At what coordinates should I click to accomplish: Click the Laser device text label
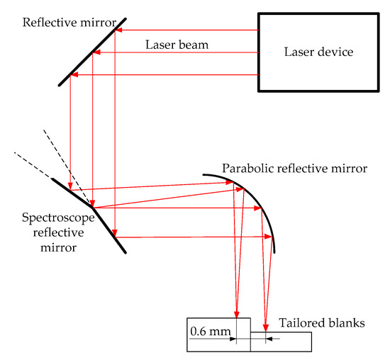point(318,52)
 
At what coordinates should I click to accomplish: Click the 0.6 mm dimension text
point(207,330)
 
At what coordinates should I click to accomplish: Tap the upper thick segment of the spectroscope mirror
point(72,191)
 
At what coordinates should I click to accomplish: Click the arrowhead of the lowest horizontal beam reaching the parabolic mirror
point(271,237)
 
